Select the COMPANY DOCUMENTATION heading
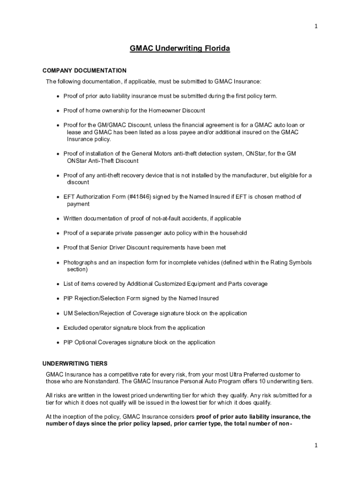tap(84, 71)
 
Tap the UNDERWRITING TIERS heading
tap(75, 363)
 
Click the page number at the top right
tap(316, 26)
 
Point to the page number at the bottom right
tap(316, 445)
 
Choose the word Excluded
tap(76, 328)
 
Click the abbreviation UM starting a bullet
tap(68, 313)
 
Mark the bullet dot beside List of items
tap(58, 284)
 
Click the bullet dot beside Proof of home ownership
tap(58, 111)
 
